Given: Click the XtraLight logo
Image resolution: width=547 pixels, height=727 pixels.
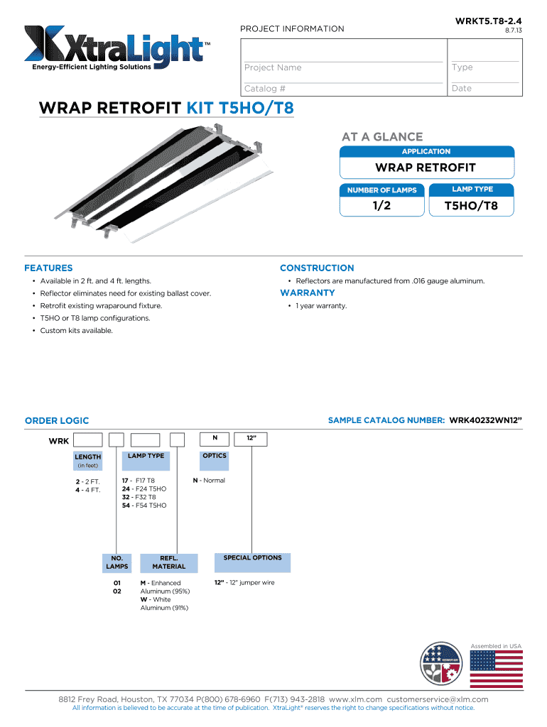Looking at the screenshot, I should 118,48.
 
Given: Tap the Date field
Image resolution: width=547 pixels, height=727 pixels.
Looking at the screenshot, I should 486,89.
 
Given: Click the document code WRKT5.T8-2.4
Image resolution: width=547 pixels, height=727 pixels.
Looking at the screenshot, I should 488,22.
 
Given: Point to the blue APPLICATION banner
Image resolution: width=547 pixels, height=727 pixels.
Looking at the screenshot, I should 426,151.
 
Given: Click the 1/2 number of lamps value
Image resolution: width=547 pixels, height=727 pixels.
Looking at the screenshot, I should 382,207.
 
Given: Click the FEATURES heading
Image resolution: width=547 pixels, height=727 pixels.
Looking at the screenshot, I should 48,268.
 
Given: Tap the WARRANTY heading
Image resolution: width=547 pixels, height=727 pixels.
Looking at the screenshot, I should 308,293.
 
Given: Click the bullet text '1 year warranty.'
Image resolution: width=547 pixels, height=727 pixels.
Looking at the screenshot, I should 321,306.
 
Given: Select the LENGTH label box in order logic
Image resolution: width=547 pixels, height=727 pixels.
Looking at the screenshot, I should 88,460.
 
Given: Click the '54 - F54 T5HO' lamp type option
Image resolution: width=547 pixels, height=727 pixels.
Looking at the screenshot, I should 144,505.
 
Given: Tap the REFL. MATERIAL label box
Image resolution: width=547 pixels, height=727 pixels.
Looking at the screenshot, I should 168,562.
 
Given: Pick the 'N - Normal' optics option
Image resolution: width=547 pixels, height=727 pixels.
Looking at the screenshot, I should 209,481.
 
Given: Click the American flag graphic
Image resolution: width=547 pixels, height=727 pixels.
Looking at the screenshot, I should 497,669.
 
